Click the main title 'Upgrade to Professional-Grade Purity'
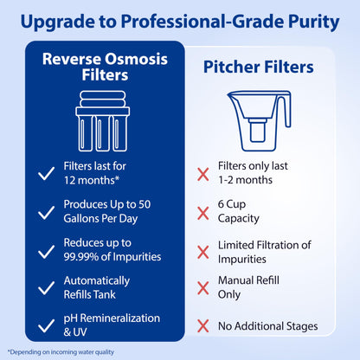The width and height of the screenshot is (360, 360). (x=180, y=19)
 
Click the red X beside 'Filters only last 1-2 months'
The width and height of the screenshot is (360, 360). (x=203, y=174)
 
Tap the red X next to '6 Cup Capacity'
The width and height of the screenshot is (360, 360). (x=203, y=213)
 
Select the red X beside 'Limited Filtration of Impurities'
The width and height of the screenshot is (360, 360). (x=203, y=252)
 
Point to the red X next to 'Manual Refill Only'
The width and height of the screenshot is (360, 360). (x=203, y=290)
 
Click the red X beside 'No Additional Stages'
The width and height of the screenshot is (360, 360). (x=203, y=326)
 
